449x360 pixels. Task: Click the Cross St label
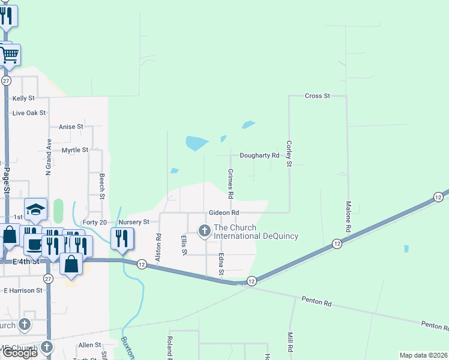(318, 96)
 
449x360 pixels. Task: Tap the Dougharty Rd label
(260, 155)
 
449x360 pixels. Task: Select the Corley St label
(289, 153)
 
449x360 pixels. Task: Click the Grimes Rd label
(230, 184)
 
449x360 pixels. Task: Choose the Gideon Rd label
(224, 212)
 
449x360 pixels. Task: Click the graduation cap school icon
(36, 210)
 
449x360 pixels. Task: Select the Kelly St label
(23, 98)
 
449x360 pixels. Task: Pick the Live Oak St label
(29, 113)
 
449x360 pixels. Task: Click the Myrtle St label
(75, 150)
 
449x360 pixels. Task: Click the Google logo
(19, 353)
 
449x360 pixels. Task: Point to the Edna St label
(221, 264)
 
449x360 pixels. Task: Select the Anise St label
(71, 127)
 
